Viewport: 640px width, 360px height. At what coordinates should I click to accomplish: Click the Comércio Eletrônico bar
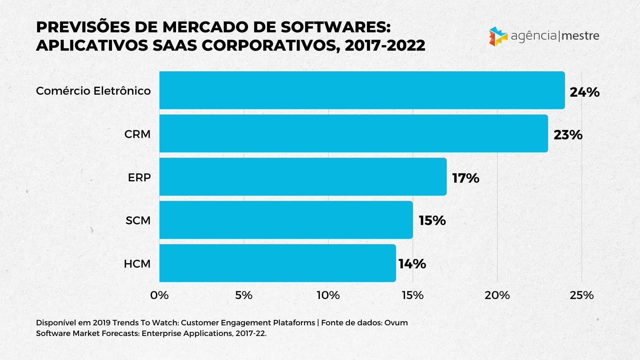pos(362,90)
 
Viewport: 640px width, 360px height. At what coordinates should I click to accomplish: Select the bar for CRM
pos(353,133)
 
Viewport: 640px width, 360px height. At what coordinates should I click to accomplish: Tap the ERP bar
pos(303,177)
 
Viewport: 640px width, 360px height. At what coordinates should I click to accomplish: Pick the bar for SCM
pos(286,220)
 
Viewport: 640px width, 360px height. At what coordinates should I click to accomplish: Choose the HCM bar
pos(277,263)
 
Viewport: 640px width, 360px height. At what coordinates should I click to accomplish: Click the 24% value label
pos(584,92)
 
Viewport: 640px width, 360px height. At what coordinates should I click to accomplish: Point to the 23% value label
pos(568,135)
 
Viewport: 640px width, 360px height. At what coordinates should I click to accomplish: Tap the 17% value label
pos(465,178)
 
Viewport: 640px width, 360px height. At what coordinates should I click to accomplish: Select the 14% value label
pos(412,264)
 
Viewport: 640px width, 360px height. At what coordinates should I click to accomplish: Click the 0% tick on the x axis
pos(159,295)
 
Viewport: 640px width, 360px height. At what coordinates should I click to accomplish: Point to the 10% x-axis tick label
pos(328,295)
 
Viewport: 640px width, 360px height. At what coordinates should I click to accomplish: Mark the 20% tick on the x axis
pos(497,295)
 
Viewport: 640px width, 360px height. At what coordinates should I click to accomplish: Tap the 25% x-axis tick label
pos(582,295)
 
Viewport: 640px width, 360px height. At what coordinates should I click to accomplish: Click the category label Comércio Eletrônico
pos(93,91)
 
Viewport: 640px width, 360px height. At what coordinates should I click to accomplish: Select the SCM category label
pos(138,220)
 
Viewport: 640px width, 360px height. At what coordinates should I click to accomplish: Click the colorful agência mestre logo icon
pos(498,36)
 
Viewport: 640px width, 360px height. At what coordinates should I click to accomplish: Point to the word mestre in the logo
pos(580,36)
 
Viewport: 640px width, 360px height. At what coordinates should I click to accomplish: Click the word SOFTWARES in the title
pos(335,27)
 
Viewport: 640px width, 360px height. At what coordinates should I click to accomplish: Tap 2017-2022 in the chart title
pos(385,45)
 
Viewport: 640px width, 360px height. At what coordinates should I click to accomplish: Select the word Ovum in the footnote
pos(396,323)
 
